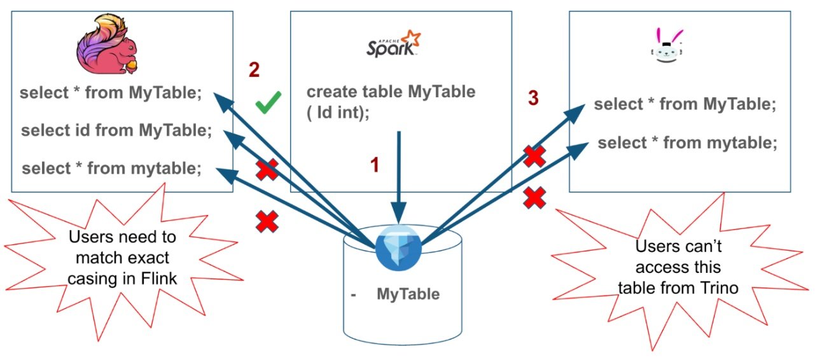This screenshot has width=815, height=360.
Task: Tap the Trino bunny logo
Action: click(x=665, y=47)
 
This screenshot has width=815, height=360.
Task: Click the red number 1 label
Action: click(x=375, y=165)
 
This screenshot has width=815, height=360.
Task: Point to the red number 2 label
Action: click(x=254, y=70)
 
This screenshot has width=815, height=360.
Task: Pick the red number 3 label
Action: click(x=533, y=98)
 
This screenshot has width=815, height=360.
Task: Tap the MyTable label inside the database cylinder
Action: click(x=408, y=294)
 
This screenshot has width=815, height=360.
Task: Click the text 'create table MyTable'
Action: click(x=391, y=92)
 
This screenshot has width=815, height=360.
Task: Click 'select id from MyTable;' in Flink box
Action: click(x=116, y=131)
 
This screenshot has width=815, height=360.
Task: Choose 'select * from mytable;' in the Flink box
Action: click(x=112, y=169)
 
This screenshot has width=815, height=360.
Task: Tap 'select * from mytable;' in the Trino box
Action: click(x=687, y=143)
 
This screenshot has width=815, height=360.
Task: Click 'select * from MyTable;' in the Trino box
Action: click(x=685, y=104)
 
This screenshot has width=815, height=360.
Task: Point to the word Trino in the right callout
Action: click(x=718, y=287)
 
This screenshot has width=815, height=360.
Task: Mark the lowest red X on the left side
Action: click(x=267, y=221)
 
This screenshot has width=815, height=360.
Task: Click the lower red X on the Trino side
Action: click(x=535, y=199)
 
